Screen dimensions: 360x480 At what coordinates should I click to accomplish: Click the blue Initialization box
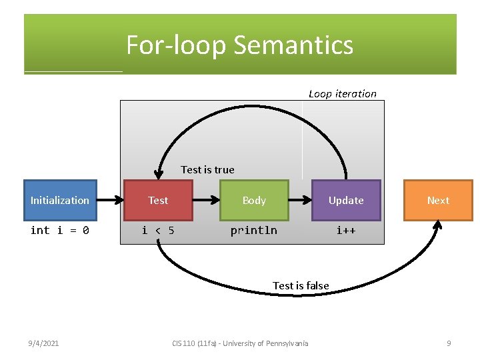(x=60, y=200)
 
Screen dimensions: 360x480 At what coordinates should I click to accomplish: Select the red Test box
(x=158, y=200)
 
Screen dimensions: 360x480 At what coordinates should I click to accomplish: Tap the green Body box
(x=254, y=200)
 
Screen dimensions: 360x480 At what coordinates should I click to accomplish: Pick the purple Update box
(x=346, y=200)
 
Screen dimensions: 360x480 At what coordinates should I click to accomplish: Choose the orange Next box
(x=438, y=200)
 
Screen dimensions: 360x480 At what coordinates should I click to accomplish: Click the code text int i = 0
(x=60, y=231)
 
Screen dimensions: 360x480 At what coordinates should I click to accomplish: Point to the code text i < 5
(x=158, y=231)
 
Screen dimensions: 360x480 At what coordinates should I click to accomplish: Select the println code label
(x=254, y=231)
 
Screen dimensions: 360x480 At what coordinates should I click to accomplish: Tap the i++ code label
(x=346, y=231)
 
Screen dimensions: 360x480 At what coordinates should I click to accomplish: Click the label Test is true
(x=207, y=170)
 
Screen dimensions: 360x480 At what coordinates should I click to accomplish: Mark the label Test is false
(x=301, y=285)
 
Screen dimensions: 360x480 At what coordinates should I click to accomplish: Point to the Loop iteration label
(x=343, y=94)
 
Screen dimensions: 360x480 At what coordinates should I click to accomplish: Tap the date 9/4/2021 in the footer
(x=43, y=343)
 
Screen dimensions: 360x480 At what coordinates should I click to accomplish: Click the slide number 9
(x=449, y=343)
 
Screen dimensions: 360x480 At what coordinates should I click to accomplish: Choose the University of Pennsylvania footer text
(x=265, y=343)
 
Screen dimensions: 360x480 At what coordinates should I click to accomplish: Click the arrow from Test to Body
(x=206, y=200)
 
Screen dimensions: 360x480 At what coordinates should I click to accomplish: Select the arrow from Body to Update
(x=300, y=200)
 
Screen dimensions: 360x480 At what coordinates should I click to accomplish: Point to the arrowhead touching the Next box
(x=437, y=225)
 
